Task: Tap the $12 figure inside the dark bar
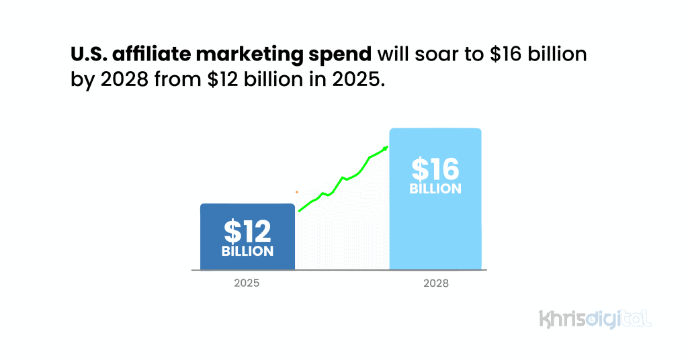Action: pos(247,232)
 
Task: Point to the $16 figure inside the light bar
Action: pos(435,169)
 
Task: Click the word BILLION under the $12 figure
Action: pos(247,251)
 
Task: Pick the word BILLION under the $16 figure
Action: pos(435,189)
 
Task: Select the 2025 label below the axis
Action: pos(247,283)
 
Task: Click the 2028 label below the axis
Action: pos(435,283)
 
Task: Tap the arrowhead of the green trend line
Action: pos(386,148)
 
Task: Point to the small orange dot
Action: pos(296,192)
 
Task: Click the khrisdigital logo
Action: pos(595,318)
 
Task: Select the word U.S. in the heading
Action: pos(90,54)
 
